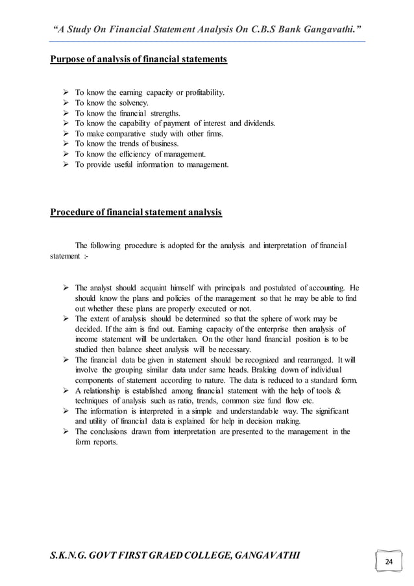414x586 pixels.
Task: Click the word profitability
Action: click(204, 93)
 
